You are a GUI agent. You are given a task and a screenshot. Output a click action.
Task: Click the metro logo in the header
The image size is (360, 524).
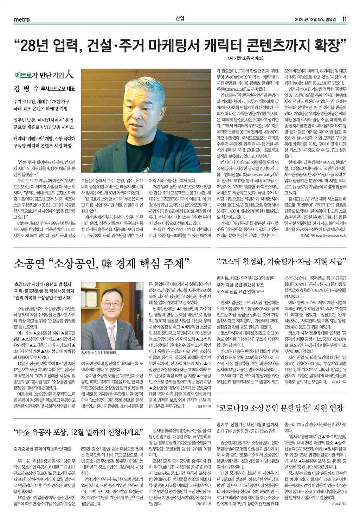pos(22,20)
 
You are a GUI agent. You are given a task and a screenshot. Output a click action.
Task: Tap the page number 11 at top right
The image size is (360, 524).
pos(345,19)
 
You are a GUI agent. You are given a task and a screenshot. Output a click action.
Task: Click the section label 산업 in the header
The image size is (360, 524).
pos(180,19)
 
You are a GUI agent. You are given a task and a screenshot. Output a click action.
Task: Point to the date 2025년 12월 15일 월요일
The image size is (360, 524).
pos(316,19)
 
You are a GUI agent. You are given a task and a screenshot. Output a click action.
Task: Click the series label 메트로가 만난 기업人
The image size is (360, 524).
pos(45,75)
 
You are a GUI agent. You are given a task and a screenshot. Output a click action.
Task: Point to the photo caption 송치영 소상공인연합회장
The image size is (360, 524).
pos(99,352)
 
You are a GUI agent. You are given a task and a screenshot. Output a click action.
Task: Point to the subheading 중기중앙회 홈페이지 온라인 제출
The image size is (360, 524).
pos(43,449)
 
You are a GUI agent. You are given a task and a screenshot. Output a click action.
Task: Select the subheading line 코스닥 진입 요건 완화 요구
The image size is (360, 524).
pos(240,291)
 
